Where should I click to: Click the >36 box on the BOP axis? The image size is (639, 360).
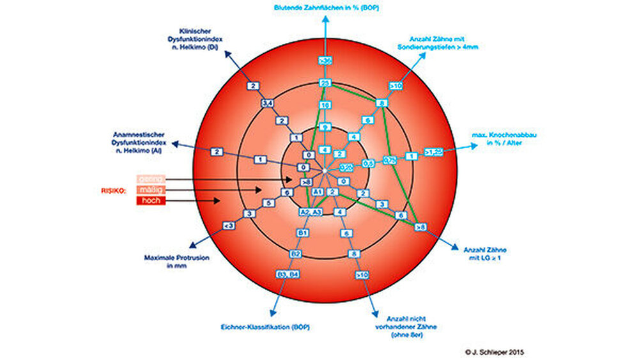click(325, 61)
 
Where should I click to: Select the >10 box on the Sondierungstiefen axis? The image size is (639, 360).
click(397, 85)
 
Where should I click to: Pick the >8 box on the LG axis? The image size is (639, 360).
click(420, 226)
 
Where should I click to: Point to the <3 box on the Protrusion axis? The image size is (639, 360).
click(228, 226)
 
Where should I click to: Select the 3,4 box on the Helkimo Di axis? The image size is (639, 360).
click(267, 103)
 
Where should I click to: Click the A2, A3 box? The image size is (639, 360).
click(310, 212)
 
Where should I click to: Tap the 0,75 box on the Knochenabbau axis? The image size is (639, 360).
click(390, 159)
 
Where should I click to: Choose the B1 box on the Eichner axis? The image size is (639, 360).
click(303, 233)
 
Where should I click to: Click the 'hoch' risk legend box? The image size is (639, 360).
click(151, 201)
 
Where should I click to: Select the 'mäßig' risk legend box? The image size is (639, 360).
click(151, 190)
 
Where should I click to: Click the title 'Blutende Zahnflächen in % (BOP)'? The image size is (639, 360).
click(327, 8)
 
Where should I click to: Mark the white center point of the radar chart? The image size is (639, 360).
click(325, 171)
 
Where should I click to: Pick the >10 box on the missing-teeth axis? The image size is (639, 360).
click(362, 275)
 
